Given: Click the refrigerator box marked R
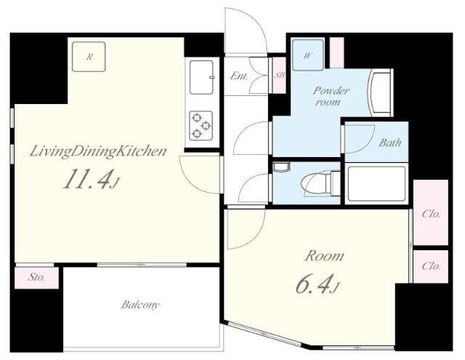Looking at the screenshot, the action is point(89,57).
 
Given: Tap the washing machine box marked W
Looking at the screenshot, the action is point(307,55).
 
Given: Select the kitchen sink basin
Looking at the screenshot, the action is point(202,77).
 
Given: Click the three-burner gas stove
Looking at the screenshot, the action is point(201,125).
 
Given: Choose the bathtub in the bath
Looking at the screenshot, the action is point(376,184).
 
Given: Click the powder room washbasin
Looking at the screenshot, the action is point(380,93).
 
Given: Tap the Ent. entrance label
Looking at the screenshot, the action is point(239,76).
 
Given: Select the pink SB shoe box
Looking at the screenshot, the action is point(279,75).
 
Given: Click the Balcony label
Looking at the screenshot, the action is point(140,305).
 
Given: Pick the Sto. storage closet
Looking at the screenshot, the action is point(37,278).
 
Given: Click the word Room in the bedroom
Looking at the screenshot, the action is point(325,256).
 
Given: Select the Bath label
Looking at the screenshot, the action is point(390,143).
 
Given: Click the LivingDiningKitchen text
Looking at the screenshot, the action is point(98,152).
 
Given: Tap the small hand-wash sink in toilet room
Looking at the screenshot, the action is point(281,167).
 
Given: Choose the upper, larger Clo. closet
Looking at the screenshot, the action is point(431,212).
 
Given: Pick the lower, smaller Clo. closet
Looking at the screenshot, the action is point(431,266).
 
